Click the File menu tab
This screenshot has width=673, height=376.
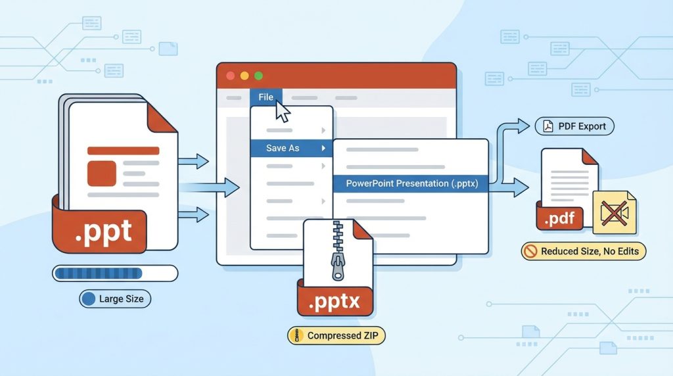pos(266,97)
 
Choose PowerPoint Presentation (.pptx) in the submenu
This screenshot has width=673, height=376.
pos(411,183)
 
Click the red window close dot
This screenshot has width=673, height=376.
pos(231,76)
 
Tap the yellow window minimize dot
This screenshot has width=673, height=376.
pos(244,76)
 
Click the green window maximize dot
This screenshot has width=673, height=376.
pos(258,76)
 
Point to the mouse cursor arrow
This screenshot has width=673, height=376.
pos(283,112)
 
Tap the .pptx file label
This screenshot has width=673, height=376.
pos(335,301)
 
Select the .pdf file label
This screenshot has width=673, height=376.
pos(560,218)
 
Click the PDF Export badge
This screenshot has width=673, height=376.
pos(574,127)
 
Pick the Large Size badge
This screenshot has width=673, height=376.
pos(115,298)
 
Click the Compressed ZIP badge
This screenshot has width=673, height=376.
pos(336,336)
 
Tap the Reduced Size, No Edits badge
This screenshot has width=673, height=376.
pos(584,251)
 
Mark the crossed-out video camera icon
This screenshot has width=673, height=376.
pos(615,212)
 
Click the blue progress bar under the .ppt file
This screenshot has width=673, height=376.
pos(115,273)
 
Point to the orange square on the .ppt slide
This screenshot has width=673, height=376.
pos(102,174)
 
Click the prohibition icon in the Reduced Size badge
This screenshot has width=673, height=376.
pos(531,251)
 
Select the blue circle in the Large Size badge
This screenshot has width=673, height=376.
pos(89,298)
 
